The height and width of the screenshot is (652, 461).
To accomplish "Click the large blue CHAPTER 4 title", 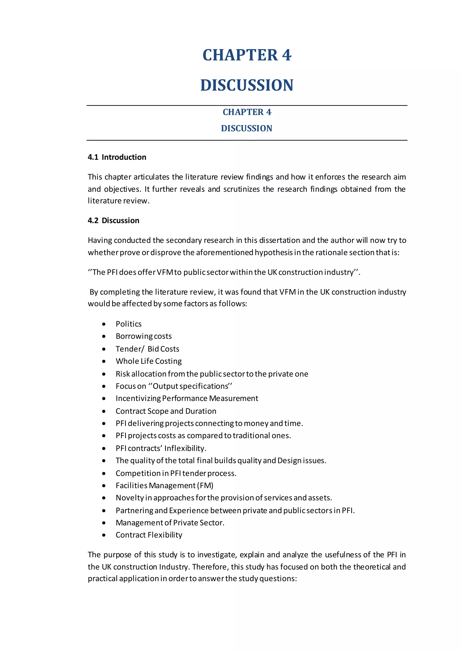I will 247,55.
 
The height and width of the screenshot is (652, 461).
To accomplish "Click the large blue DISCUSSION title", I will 247,85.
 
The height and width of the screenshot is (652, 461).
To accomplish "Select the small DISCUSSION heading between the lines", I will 246,128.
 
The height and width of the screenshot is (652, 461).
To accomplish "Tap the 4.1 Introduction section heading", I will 117,157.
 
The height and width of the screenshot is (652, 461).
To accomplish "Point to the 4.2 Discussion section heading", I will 113,220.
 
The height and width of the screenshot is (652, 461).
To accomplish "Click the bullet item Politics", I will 128,324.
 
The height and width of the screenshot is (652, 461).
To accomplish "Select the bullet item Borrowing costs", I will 144,336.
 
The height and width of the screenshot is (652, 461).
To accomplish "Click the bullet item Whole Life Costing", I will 149,361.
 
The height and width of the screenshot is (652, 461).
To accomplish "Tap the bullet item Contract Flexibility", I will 149,535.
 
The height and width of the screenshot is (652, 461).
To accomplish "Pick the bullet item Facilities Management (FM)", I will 164,486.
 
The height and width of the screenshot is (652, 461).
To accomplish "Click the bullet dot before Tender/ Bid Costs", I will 104,349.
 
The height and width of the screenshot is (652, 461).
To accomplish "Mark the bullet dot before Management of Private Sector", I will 104,523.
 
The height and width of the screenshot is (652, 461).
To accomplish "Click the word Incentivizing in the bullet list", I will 138,398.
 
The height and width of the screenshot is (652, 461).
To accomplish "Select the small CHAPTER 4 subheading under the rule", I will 247,112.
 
